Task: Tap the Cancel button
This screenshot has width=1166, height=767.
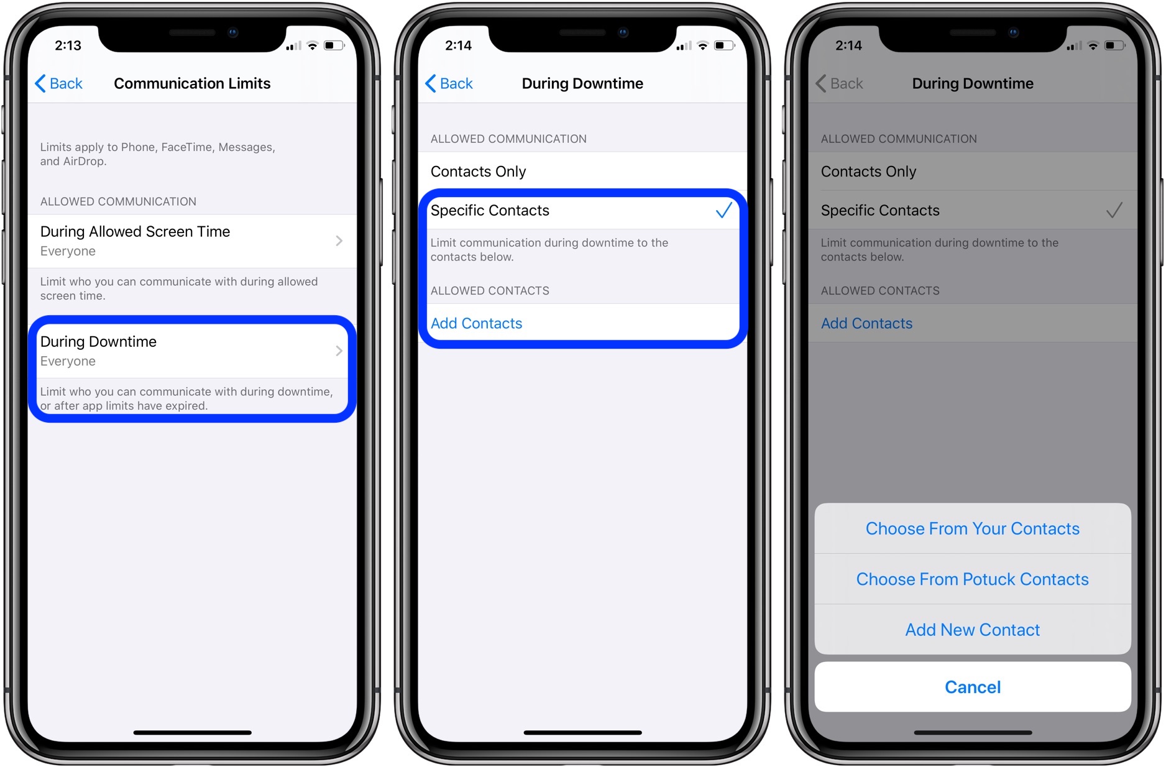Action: pyautogui.click(x=972, y=687)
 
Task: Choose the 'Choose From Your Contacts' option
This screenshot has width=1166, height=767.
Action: pyautogui.click(x=972, y=528)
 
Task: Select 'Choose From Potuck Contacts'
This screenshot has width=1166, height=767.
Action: pyautogui.click(x=972, y=579)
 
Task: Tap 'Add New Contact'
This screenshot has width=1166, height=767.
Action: pyautogui.click(x=972, y=630)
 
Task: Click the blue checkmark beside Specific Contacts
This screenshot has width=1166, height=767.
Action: pyautogui.click(x=723, y=210)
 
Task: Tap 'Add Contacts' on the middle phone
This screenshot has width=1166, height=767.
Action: pyautogui.click(x=476, y=323)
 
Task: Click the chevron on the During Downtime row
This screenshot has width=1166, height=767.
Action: pyautogui.click(x=339, y=351)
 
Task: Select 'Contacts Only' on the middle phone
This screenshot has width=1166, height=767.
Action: pyautogui.click(x=478, y=172)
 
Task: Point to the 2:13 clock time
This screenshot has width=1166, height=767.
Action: pyautogui.click(x=68, y=45)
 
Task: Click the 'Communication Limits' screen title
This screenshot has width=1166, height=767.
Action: pyautogui.click(x=192, y=83)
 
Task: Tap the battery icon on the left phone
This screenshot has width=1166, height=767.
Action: pyautogui.click(x=334, y=45)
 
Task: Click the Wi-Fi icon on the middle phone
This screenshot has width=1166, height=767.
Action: pyautogui.click(x=703, y=45)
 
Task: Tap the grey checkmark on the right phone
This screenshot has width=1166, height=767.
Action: pyautogui.click(x=1114, y=210)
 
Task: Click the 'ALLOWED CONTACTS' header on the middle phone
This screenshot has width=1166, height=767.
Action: pyautogui.click(x=490, y=290)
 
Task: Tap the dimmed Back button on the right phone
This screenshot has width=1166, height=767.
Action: pyautogui.click(x=839, y=83)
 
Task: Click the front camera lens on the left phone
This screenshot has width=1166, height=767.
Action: pyautogui.click(x=233, y=32)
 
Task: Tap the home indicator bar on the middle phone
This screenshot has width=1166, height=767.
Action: pyautogui.click(x=582, y=732)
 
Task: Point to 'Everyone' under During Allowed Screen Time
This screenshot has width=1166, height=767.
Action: pyautogui.click(x=68, y=251)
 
